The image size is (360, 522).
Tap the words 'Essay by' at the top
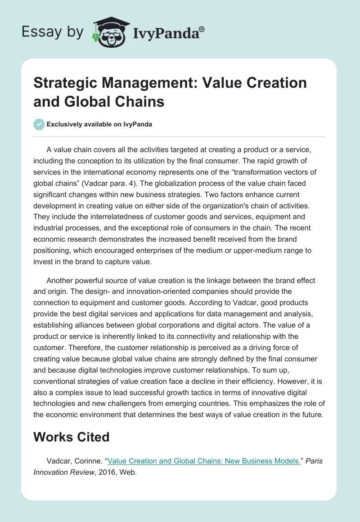point(52,32)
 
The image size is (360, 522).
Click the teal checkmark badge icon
point(39,124)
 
